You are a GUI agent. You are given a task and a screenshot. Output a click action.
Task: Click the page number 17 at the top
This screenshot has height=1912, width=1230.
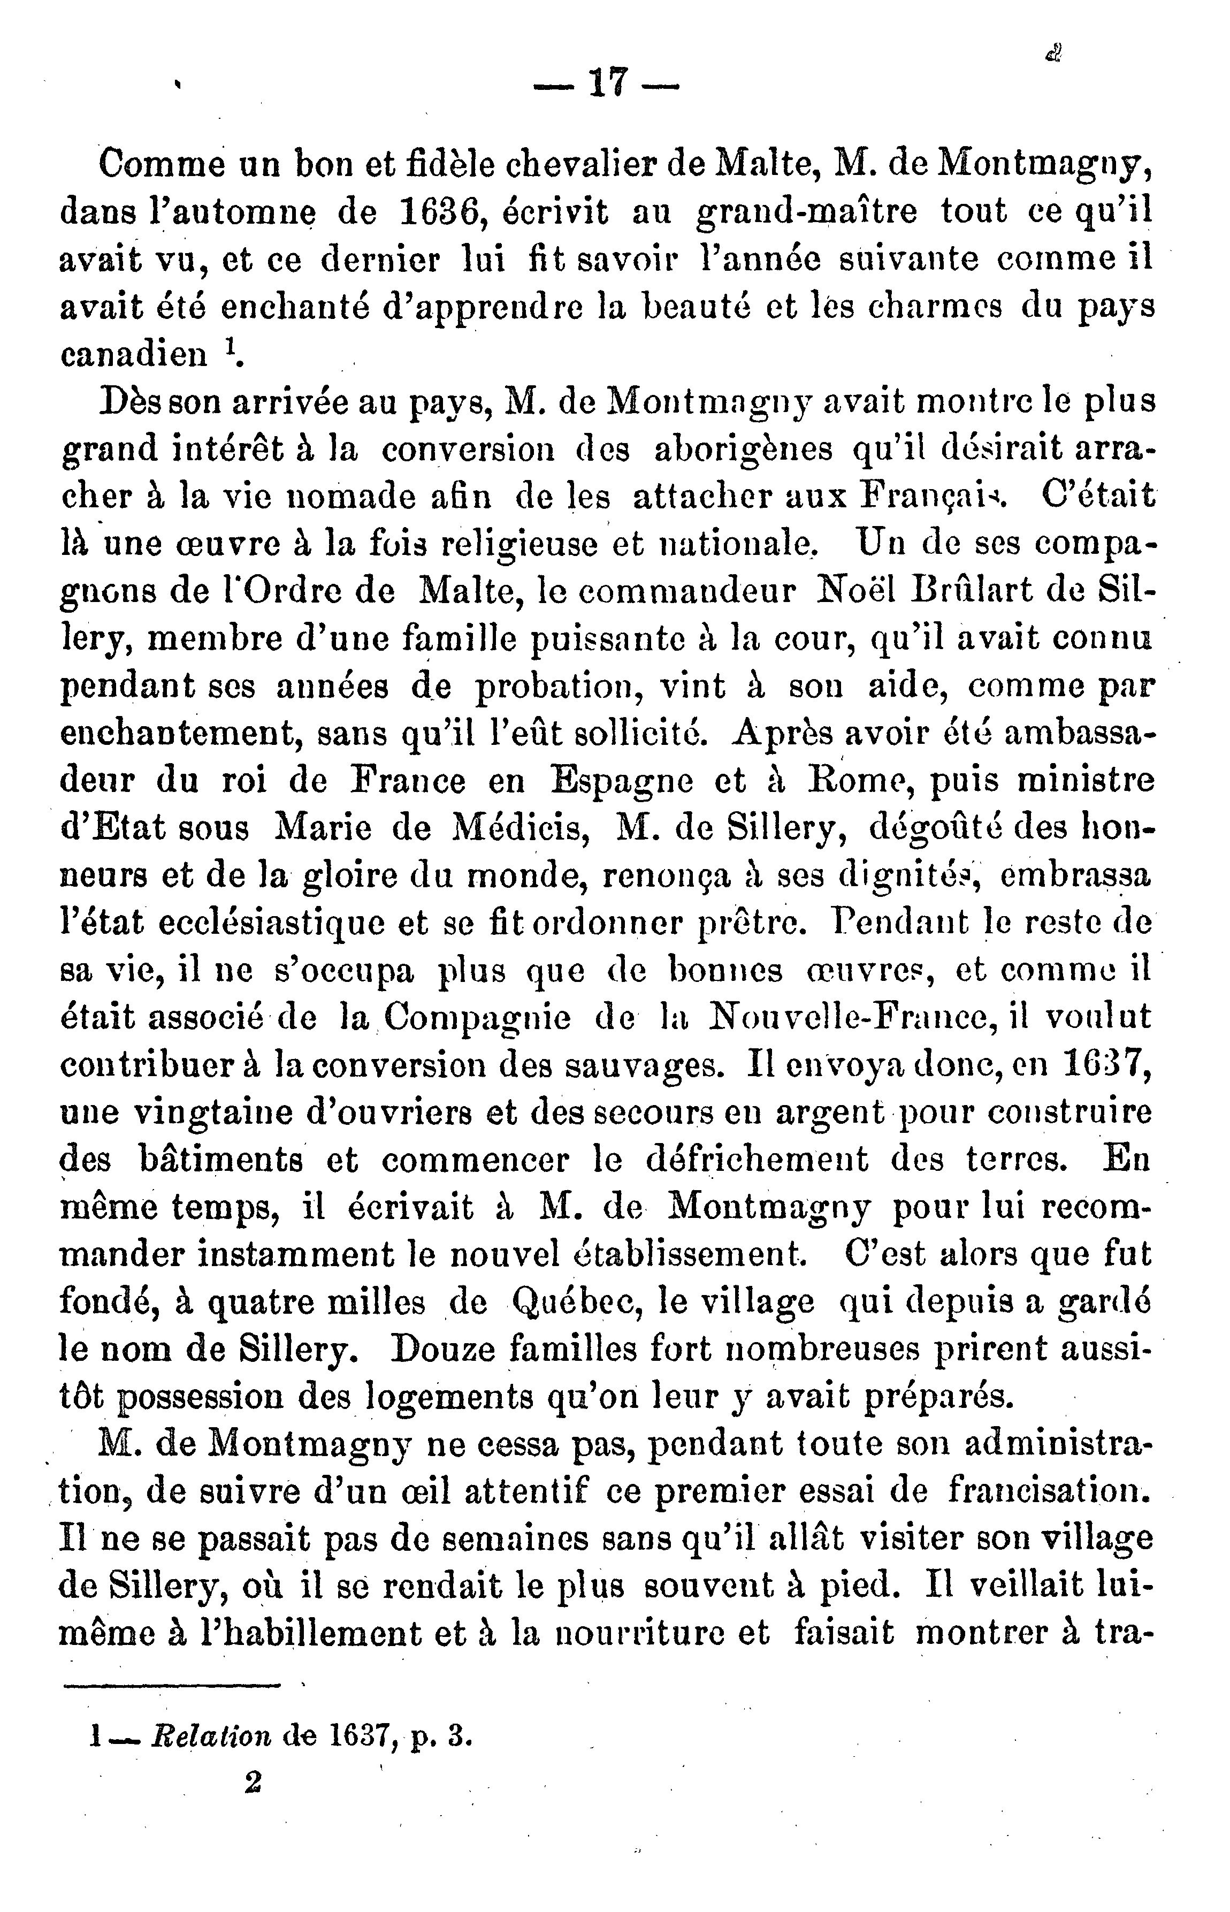coord(606,82)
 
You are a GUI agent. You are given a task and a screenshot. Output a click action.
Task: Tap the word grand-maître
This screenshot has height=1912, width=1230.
coord(807,213)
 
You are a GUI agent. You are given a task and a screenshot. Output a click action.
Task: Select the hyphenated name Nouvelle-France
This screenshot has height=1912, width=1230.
coord(848,1017)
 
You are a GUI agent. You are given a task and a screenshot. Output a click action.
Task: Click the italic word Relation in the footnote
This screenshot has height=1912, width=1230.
coord(211,1735)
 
